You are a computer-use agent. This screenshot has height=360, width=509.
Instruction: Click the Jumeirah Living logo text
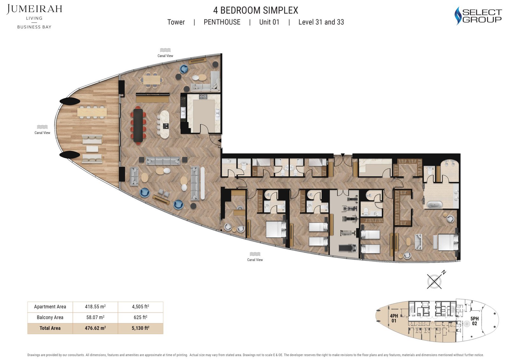pyautogui.click(x=34, y=10)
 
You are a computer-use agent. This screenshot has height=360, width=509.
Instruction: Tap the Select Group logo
pyautogui.click(x=478, y=16)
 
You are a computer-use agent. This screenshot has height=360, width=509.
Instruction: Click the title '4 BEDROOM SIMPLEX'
pyautogui.click(x=255, y=11)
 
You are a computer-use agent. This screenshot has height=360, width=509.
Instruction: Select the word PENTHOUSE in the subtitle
pyautogui.click(x=222, y=22)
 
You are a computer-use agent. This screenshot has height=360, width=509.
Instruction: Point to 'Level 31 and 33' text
pyautogui.click(x=321, y=22)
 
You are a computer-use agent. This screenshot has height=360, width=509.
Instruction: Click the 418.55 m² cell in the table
pyautogui.click(x=95, y=307)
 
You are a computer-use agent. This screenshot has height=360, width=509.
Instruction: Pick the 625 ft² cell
pyautogui.click(x=140, y=317)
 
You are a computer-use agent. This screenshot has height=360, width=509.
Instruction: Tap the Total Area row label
pyautogui.click(x=50, y=328)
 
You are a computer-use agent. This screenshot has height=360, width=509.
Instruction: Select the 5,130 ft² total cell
pyautogui.click(x=140, y=328)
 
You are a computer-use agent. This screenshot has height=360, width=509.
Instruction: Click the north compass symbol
pyautogui.click(x=435, y=281)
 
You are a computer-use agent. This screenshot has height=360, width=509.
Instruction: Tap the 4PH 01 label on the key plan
pyautogui.click(x=394, y=318)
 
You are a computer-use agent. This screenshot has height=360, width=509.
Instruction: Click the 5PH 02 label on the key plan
pyautogui.click(x=474, y=321)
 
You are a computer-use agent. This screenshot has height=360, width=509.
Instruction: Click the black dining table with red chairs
pyautogui.click(x=138, y=125)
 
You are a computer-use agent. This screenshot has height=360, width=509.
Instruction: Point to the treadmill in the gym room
pyautogui.click(x=345, y=248)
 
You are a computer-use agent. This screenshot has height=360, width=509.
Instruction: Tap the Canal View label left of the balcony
pyautogui.click(x=42, y=133)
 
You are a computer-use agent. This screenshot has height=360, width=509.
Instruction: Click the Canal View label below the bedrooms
pyautogui.click(x=255, y=260)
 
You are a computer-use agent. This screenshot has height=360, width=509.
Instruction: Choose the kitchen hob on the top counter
pyautogui.click(x=203, y=96)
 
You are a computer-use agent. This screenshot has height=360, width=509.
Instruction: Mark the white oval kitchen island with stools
pyautogui.click(x=164, y=124)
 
